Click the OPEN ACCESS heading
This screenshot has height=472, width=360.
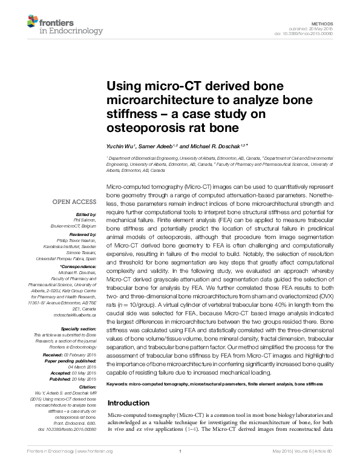pyautogui.click(x=74, y=202)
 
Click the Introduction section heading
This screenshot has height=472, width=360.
pyautogui.click(x=128, y=403)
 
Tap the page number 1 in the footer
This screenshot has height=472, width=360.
pyautogui.click(x=180, y=451)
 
